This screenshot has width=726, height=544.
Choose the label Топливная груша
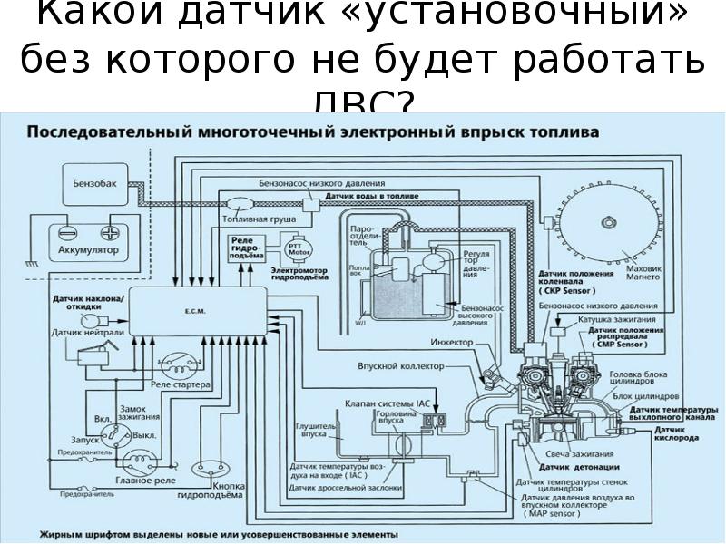tap(250, 219)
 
